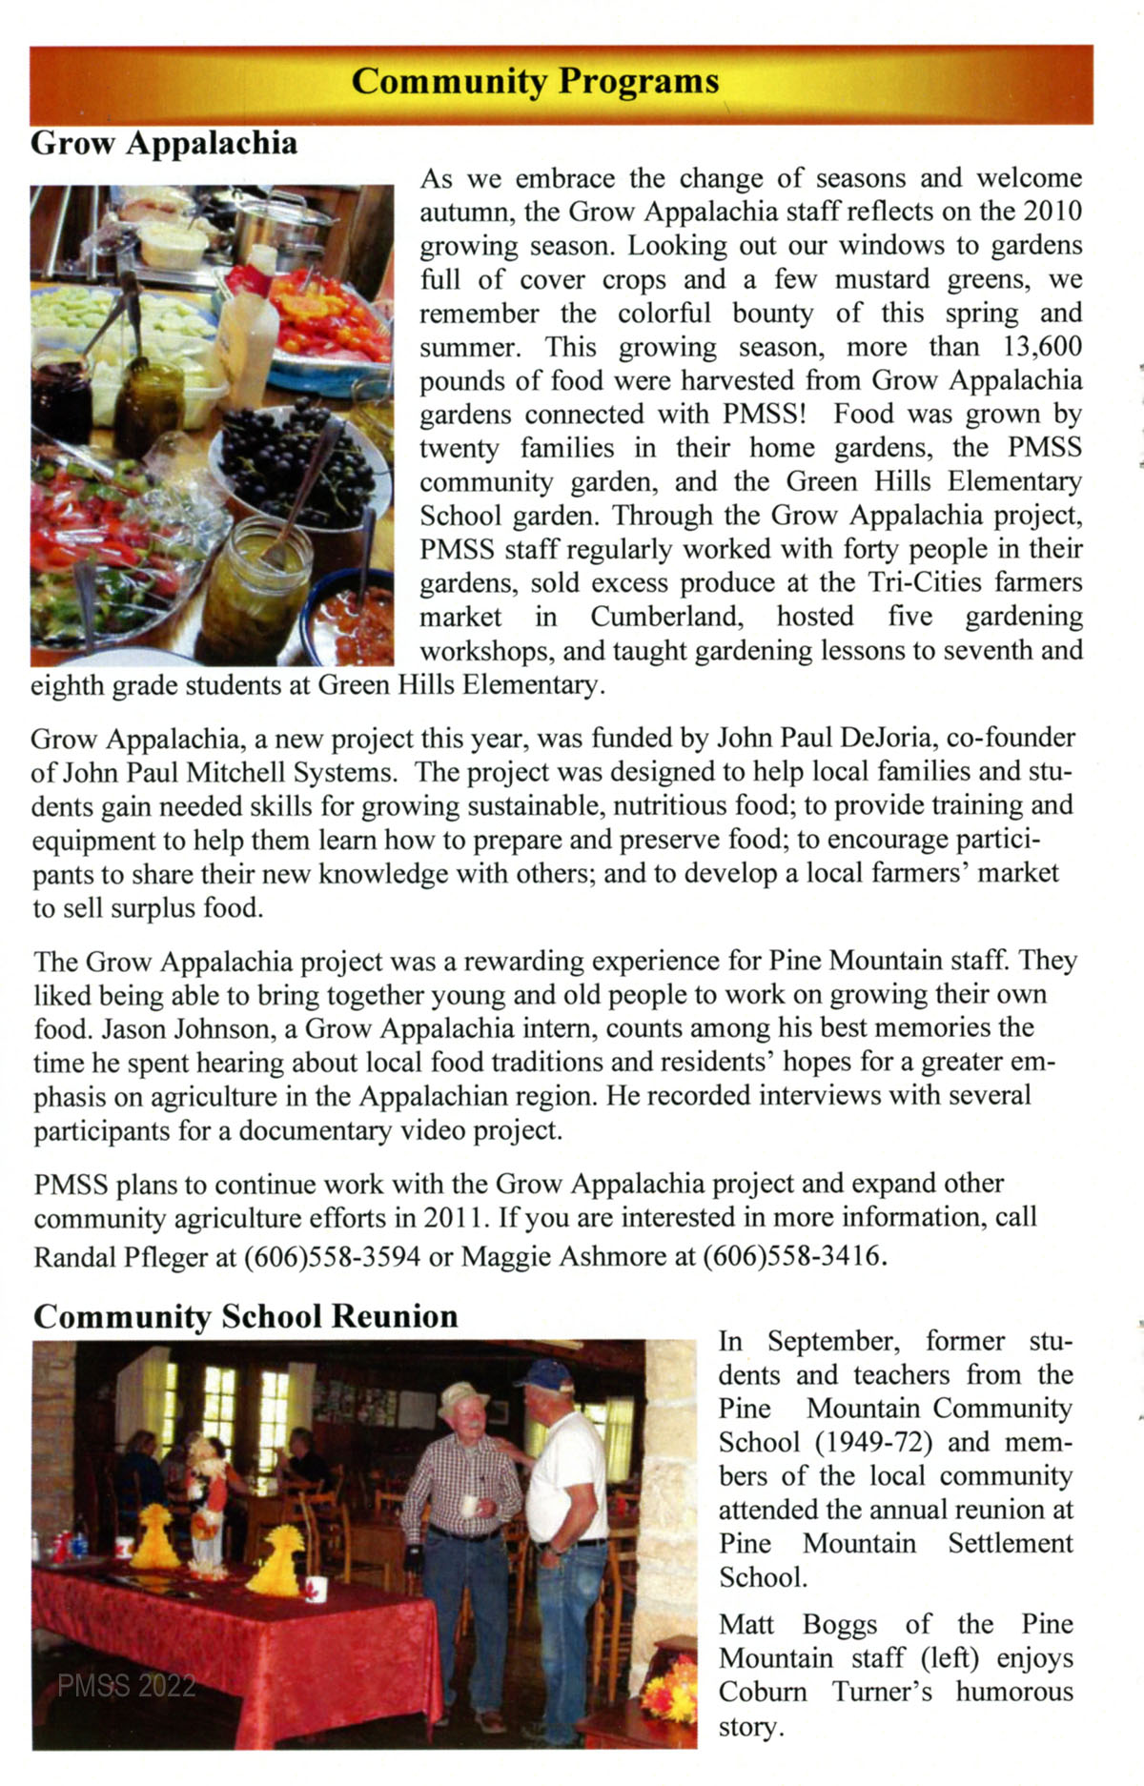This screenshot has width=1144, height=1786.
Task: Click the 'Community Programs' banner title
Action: (535, 81)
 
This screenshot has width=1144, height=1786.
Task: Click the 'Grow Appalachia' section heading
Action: (164, 143)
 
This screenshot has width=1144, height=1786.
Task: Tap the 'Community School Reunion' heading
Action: (245, 1316)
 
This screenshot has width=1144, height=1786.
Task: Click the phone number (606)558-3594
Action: (332, 1257)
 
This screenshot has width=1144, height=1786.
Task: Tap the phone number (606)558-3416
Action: (793, 1257)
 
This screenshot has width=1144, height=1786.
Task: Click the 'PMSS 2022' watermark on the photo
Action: (126, 1686)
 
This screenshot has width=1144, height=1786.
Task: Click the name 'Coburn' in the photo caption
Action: (763, 1692)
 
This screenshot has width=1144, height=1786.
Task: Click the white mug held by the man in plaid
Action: (470, 1505)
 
